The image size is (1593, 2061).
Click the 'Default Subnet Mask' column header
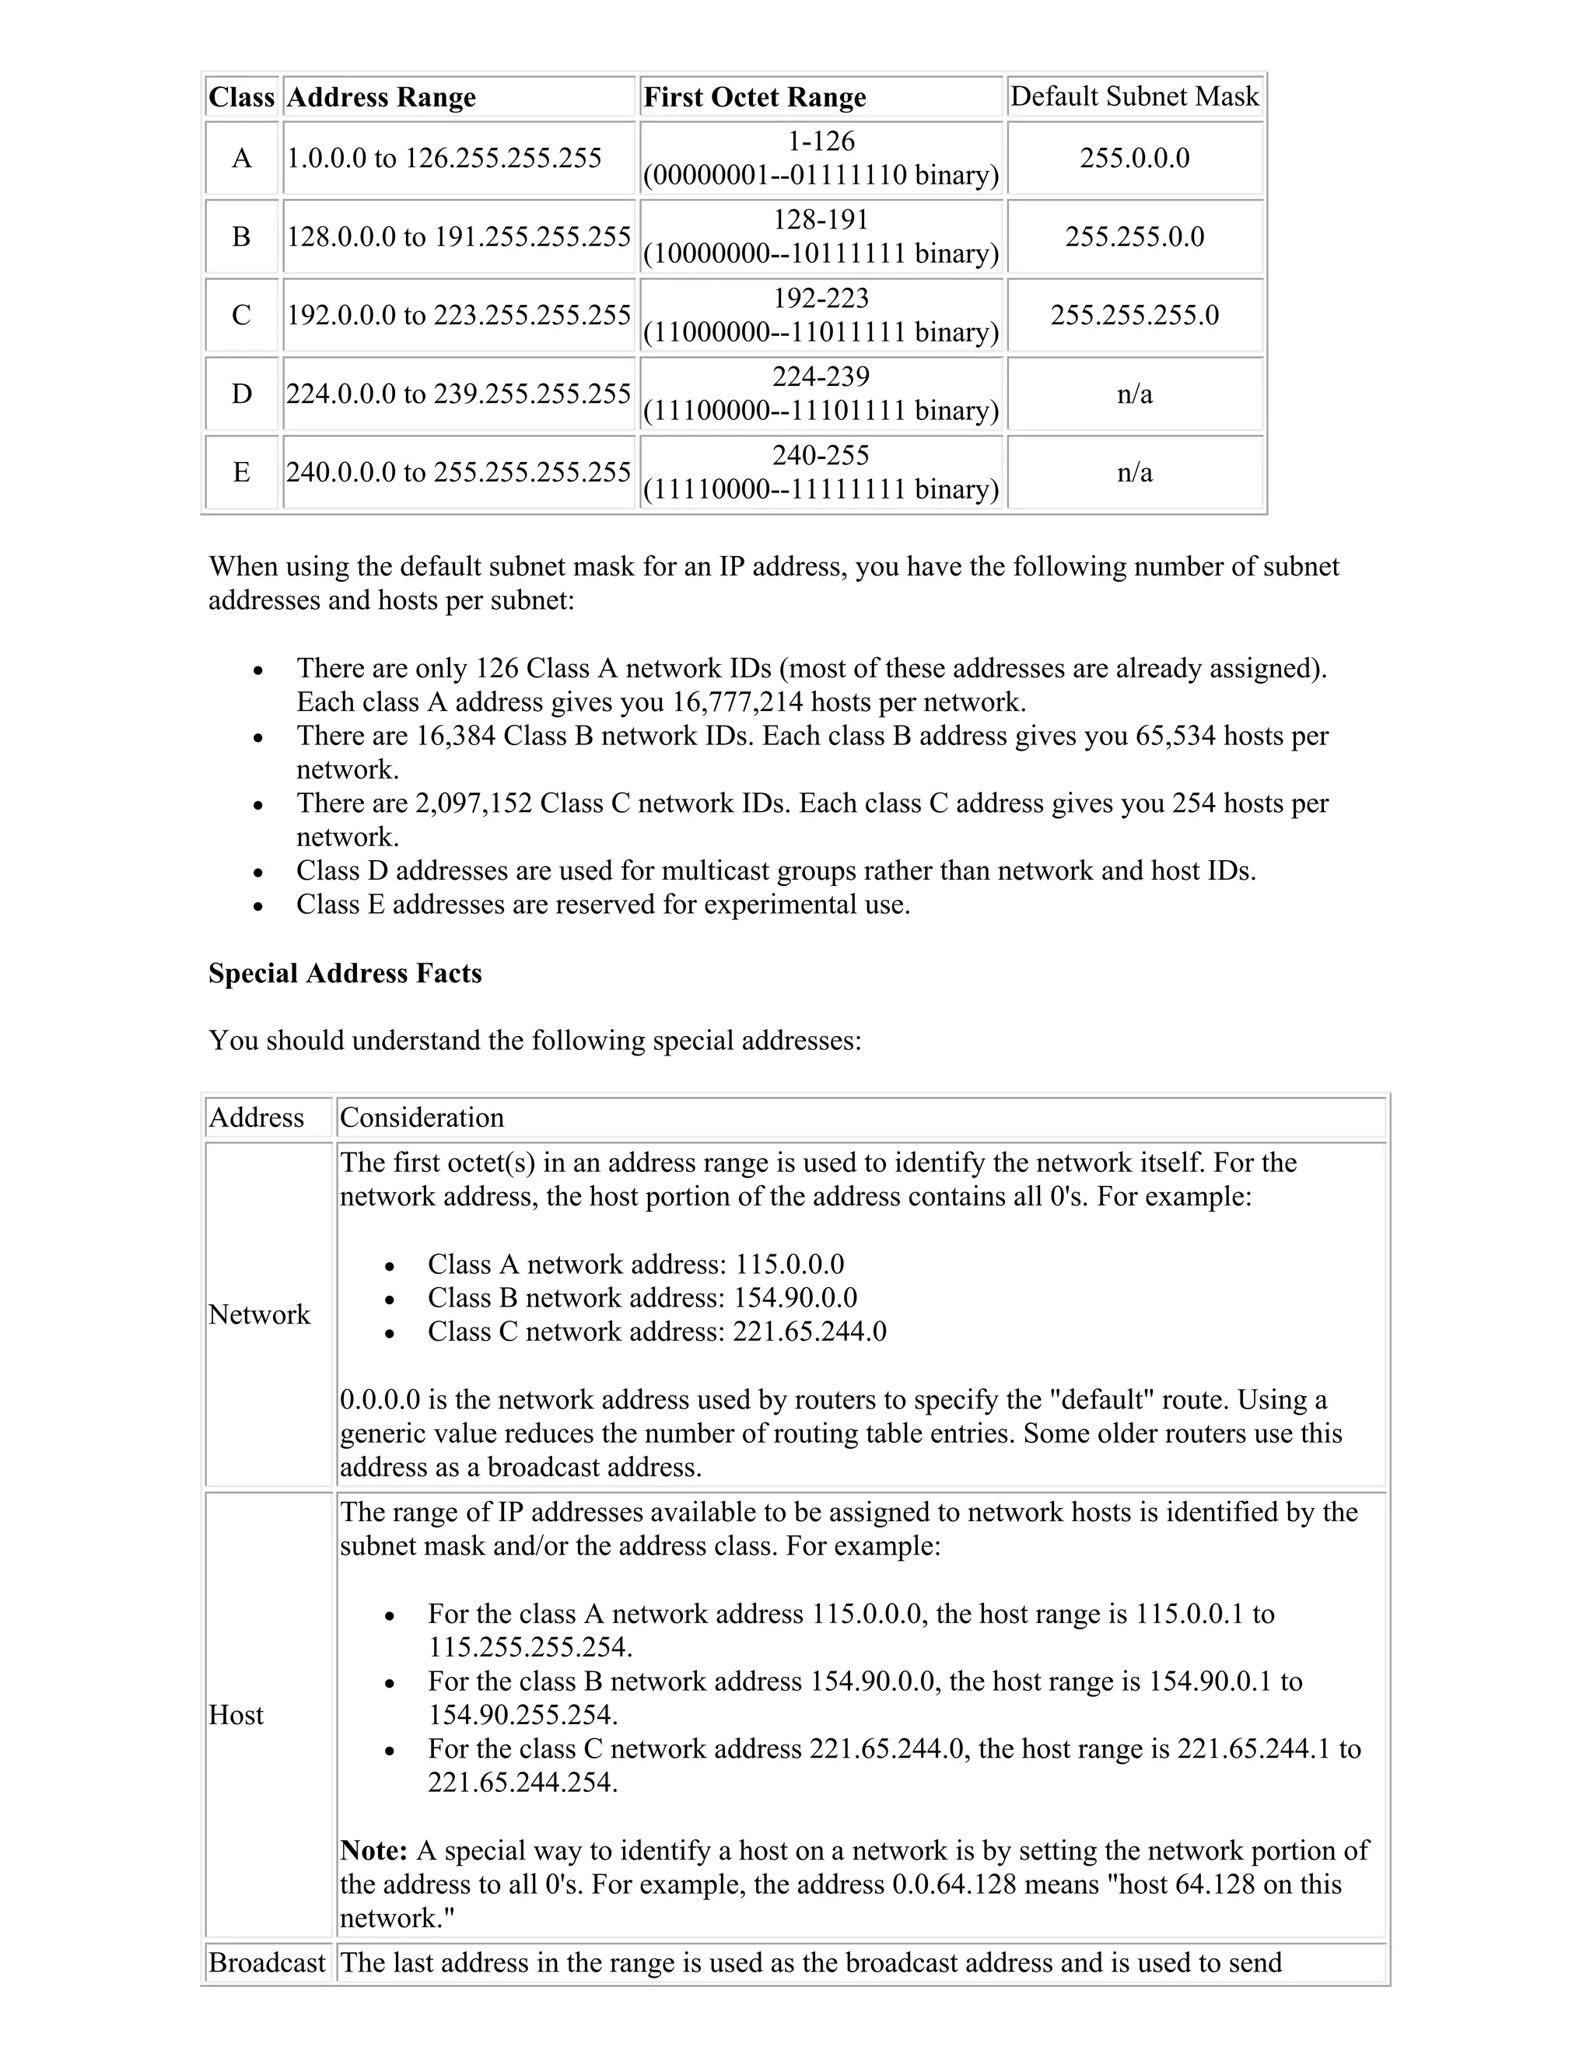pos(1134,96)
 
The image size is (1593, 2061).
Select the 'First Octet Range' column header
pos(754,97)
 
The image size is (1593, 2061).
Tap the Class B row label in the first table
pos(242,236)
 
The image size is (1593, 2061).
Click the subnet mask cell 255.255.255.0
pos(1134,315)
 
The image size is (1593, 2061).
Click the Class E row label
pos(242,472)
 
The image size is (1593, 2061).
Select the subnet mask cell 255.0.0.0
pos(1134,158)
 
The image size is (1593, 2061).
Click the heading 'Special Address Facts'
pos(345,973)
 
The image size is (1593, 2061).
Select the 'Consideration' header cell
pos(422,1118)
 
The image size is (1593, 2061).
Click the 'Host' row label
pos(236,1715)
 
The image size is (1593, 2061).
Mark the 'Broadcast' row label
pos(266,1963)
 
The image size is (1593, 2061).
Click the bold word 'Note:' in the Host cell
pos(373,1849)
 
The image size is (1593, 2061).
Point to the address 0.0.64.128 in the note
pos(953,1884)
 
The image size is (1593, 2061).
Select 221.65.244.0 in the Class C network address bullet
pos(809,1331)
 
